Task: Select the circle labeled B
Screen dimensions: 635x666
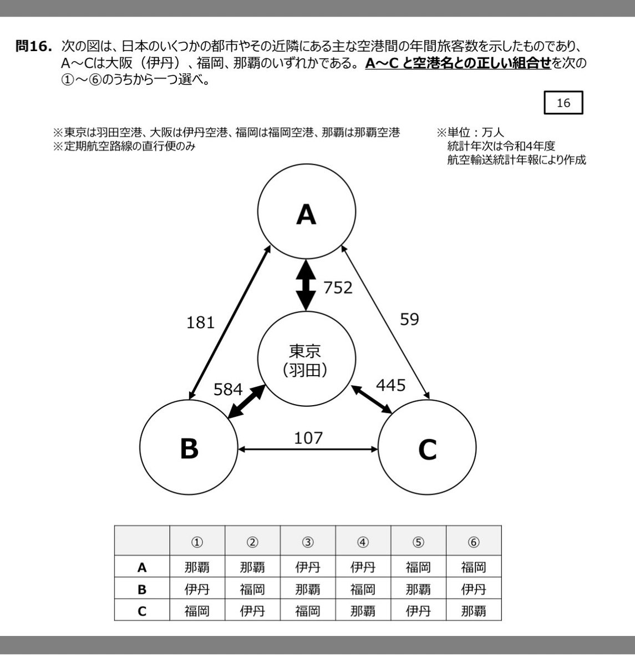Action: click(x=189, y=448)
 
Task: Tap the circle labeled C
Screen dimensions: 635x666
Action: click(x=427, y=448)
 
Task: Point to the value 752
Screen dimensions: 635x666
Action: click(x=337, y=287)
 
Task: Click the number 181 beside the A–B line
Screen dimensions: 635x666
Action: click(x=200, y=322)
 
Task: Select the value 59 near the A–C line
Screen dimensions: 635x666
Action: click(x=409, y=319)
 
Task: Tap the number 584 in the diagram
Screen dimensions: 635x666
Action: click(x=228, y=389)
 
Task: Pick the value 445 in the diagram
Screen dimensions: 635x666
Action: click(x=390, y=385)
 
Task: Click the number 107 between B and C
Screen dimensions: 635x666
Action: click(x=308, y=438)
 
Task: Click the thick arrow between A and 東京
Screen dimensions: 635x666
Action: click(x=306, y=285)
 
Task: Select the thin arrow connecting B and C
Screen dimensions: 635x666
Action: click(x=308, y=448)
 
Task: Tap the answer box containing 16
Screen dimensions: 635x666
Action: click(x=563, y=103)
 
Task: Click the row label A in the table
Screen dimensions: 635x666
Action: click(x=142, y=568)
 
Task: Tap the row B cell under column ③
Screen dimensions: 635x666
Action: click(x=308, y=589)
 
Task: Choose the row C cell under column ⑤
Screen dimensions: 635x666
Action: click(x=419, y=610)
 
